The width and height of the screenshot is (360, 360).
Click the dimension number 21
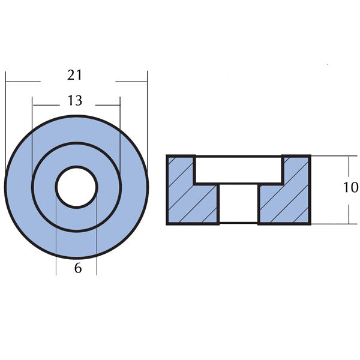pyautogui.click(x=75, y=76)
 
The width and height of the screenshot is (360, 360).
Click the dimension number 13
pyautogui.click(x=75, y=101)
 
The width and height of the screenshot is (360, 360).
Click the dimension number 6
pyautogui.click(x=78, y=269)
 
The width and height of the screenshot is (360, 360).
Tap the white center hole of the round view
pyautogui.click(x=76, y=187)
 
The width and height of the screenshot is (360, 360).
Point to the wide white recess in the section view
pyautogui.click(x=238, y=170)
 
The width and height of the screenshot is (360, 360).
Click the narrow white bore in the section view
pyautogui.click(x=238, y=204)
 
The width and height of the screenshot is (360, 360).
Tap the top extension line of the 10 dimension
pyautogui.click(x=330, y=155)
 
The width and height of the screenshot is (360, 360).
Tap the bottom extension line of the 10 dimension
pyautogui.click(x=330, y=224)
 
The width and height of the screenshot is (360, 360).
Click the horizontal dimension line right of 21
pyautogui.click(x=131, y=80)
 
